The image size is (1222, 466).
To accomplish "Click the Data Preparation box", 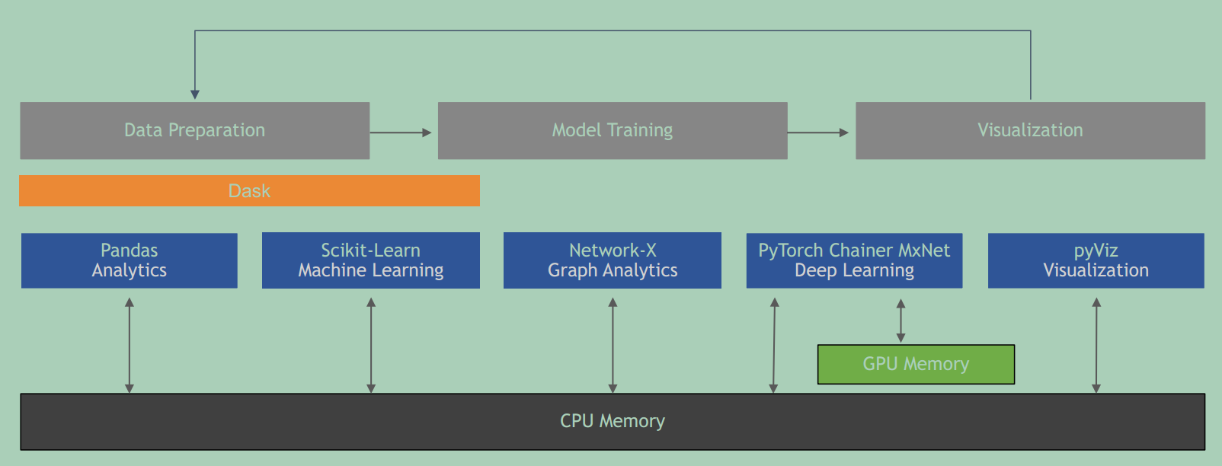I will pos(194,130).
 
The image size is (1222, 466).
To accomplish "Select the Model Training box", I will pos(612,130).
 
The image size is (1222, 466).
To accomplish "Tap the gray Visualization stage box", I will pos(1030,130).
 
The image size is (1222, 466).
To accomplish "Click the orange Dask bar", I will pos(249,190).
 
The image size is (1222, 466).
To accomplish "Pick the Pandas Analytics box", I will pos(130,260).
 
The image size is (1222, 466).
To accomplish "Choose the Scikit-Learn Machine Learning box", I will pos(371,260).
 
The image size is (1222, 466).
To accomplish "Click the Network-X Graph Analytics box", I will pos(613,260).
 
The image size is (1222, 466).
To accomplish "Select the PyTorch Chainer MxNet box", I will pos(854,260).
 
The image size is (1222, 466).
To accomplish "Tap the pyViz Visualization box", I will pos(1096,260).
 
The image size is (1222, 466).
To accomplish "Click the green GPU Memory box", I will pos(916,364).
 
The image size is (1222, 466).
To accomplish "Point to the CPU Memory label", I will pos(613,421).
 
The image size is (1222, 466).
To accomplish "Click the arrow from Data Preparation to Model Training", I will pos(401,132).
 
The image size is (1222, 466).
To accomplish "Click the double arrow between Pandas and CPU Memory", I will pos(130,345).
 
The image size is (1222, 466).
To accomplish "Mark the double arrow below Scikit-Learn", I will pos(371,345).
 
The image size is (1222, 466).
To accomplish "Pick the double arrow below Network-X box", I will pos(613,345).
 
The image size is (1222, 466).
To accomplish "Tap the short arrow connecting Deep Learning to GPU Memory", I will pos(901,321).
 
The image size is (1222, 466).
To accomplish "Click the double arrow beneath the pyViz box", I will pos(1096,345).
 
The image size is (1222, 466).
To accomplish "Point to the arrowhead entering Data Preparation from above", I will pos(195,94).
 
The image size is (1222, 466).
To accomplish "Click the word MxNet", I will pos(924,251).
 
